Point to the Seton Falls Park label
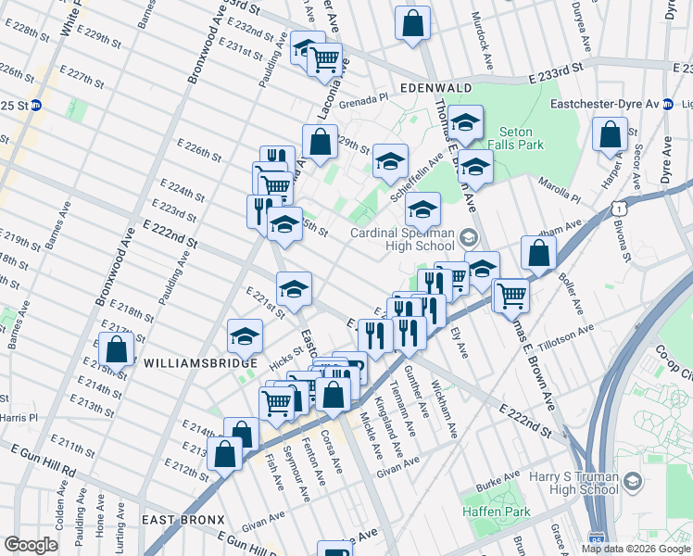tap(529, 139)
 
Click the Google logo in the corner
tap(31, 545)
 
